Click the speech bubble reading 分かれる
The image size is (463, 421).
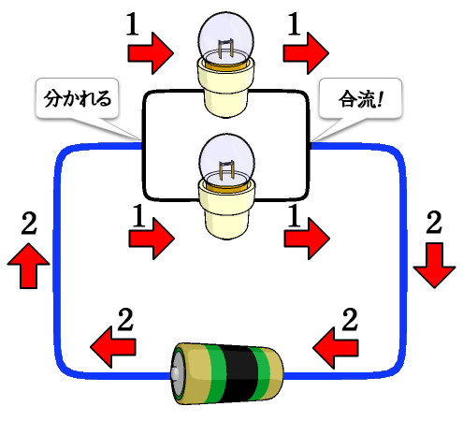pyautogui.click(x=77, y=98)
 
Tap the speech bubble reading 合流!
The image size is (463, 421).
pyautogui.click(x=360, y=98)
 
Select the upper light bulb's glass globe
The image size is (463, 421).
pyautogui.click(x=225, y=38)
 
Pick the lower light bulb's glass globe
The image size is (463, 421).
pyautogui.click(x=226, y=161)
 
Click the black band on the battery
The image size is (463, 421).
pyautogui.click(x=240, y=373)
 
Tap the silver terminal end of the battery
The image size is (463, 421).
pyautogui.click(x=177, y=373)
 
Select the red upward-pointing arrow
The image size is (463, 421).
pyautogui.click(x=28, y=266)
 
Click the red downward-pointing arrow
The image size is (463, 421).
pyautogui.click(x=434, y=266)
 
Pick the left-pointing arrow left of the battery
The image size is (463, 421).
pyautogui.click(x=113, y=347)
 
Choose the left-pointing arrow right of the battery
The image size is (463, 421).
pyautogui.click(x=336, y=347)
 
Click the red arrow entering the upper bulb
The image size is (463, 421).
pyautogui.click(x=151, y=53)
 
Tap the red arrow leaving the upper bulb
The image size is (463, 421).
pyautogui.click(x=306, y=53)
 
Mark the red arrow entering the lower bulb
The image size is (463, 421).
pyautogui.click(x=152, y=239)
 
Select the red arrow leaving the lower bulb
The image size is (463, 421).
pyautogui.click(x=307, y=239)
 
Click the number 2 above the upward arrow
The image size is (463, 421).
pyautogui.click(x=29, y=223)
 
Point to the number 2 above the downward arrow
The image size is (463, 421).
pyautogui.click(x=434, y=222)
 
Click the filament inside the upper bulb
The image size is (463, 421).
pyautogui.click(x=225, y=48)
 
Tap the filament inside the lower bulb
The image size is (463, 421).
pyautogui.click(x=226, y=170)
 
